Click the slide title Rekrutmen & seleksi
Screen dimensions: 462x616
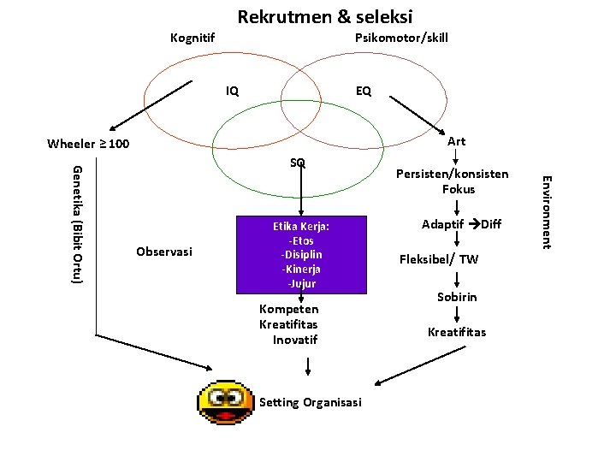click(325, 16)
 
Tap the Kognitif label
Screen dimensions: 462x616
click(192, 38)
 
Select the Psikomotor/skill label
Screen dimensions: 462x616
click(401, 38)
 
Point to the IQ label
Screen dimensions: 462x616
click(232, 90)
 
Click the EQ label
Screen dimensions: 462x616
click(363, 90)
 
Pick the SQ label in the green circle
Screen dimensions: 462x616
click(298, 163)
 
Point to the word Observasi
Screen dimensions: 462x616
click(164, 252)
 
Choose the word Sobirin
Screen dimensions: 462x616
click(457, 297)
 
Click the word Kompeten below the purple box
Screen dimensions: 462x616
click(289, 309)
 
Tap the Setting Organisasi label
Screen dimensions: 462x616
click(311, 402)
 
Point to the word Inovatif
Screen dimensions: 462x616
click(295, 340)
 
